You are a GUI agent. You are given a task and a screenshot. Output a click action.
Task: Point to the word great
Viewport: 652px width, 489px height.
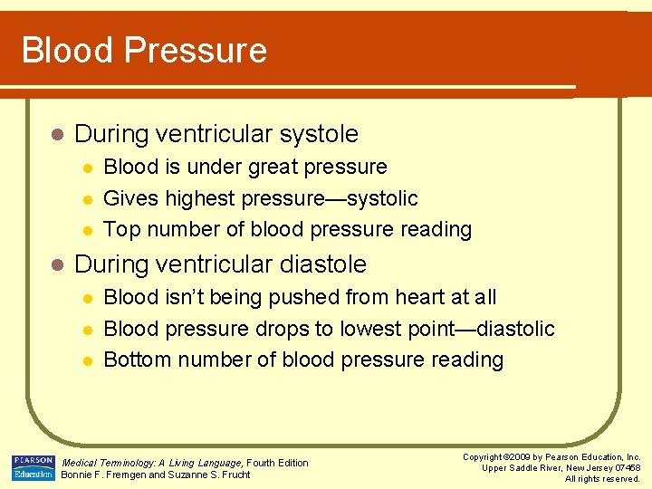tap(239, 168)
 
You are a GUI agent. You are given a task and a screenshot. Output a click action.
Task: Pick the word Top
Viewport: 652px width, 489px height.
tap(121, 230)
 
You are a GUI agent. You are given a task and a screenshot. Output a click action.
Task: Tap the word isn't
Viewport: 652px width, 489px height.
tap(180, 297)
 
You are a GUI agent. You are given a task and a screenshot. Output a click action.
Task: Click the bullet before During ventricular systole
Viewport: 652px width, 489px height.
tap(57, 135)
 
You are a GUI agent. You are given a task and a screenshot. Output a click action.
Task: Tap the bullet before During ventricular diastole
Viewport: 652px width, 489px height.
tap(57, 265)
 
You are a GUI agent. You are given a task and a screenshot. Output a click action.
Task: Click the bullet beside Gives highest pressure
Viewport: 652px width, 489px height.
tap(87, 199)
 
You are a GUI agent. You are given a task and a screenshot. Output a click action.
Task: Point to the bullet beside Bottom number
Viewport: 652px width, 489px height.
tap(87, 360)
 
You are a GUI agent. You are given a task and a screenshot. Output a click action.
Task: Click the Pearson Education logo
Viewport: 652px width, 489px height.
tap(33, 467)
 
